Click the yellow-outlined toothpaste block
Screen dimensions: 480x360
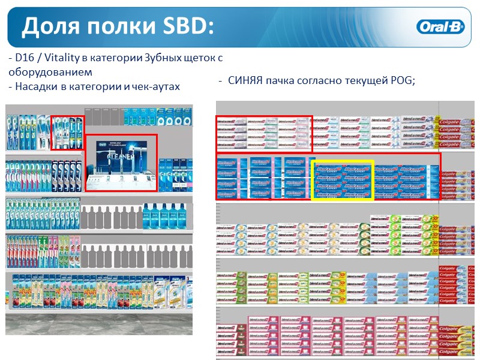(343, 179)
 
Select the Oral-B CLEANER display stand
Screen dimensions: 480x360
(121, 163)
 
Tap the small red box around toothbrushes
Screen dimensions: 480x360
(67, 132)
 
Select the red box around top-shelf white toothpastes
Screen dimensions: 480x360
(264, 133)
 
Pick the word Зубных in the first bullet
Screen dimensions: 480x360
(161, 58)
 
